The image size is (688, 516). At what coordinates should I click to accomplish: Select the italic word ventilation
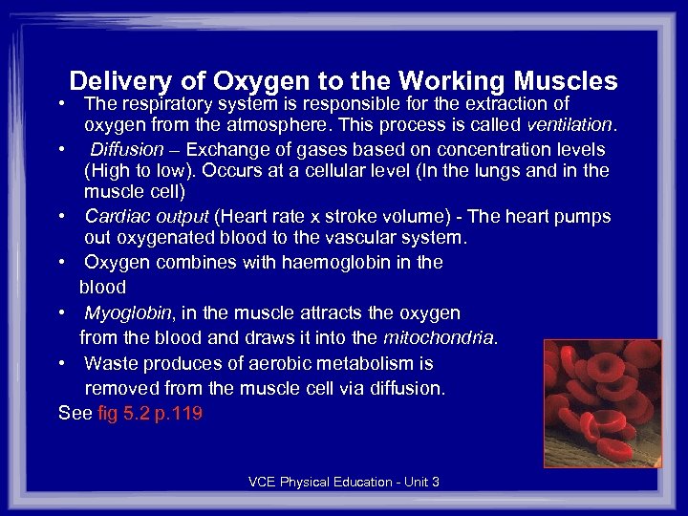point(571,125)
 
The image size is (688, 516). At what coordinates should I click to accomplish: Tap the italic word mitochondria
point(440,337)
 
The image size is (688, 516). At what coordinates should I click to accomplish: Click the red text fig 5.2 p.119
point(150,414)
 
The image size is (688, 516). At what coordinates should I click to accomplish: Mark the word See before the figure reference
point(75,414)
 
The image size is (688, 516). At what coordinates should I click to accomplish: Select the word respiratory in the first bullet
point(167,103)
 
